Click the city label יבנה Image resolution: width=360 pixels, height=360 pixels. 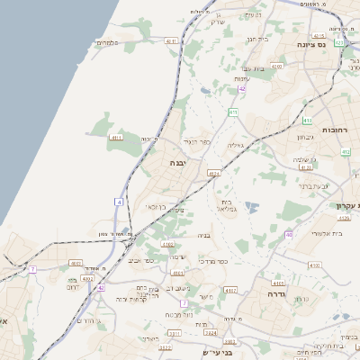[177, 163]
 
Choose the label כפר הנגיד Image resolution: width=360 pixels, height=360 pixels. [195, 141]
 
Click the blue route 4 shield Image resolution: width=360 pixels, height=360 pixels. [118, 202]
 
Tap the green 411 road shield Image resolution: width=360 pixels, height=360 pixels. [233, 112]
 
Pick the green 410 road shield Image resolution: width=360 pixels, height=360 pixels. [308, 121]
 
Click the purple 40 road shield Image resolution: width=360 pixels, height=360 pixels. [289, 235]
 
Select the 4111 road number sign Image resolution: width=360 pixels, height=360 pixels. [116, 138]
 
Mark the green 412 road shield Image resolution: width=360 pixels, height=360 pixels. [346, 152]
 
